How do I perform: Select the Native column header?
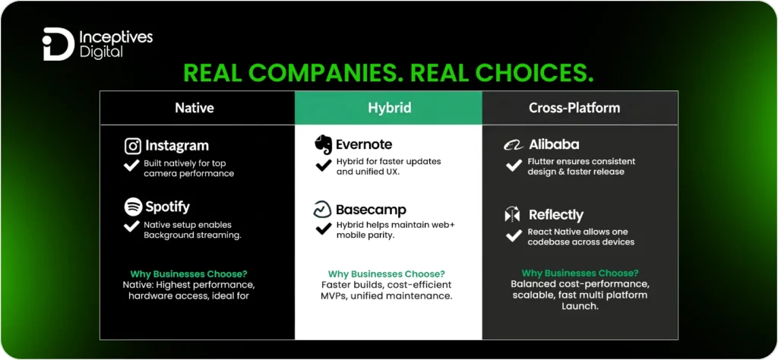click(194, 108)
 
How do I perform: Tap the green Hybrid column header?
click(389, 108)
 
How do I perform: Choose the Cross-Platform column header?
click(574, 108)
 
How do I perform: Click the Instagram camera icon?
click(133, 146)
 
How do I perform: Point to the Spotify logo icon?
click(133, 207)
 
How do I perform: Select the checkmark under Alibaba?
click(514, 166)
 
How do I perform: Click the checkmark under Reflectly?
click(514, 236)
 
